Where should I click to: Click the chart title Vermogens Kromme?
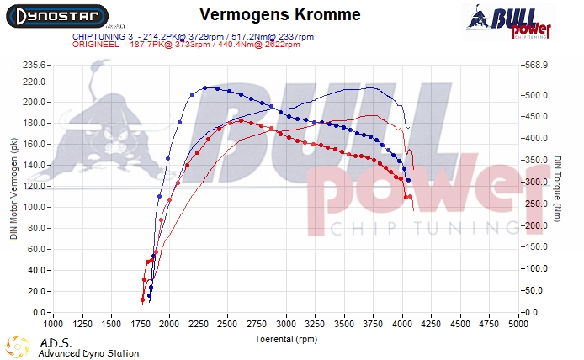coord(281,15)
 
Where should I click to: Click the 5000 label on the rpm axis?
coord(518,323)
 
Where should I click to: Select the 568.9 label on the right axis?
coord(535,65)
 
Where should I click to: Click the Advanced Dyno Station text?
coord(88,353)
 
